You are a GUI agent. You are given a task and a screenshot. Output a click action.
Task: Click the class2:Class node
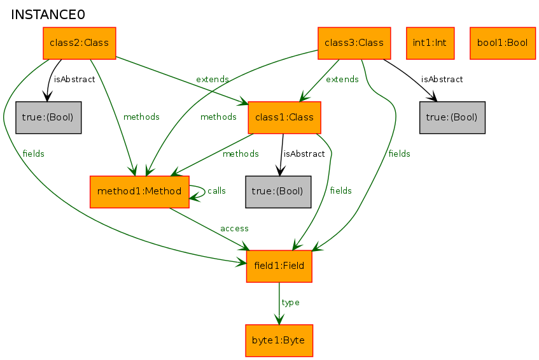click(79, 43)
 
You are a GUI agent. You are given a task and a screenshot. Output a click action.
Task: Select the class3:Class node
click(354, 43)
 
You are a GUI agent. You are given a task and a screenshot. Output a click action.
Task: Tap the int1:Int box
click(430, 43)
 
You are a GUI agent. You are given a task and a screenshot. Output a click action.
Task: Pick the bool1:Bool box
click(502, 43)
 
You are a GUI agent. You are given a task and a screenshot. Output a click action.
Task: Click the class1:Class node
click(284, 118)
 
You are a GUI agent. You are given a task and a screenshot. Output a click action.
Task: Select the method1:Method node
click(140, 191)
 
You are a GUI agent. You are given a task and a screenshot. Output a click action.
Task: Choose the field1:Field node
click(279, 266)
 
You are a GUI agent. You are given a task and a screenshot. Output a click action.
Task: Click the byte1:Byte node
click(279, 340)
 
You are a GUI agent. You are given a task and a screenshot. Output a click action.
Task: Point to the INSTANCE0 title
click(48, 15)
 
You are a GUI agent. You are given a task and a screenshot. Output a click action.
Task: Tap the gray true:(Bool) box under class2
click(48, 118)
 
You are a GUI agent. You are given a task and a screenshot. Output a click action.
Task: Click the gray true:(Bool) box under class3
click(452, 118)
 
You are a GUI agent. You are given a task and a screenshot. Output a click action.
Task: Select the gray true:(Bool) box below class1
click(278, 191)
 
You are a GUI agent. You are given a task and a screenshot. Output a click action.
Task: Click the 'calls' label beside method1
click(216, 191)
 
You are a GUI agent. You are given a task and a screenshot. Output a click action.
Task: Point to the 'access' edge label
click(234, 228)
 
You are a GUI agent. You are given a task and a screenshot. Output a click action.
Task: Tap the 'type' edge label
click(290, 303)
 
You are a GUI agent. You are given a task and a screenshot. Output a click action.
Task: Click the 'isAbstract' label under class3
click(442, 80)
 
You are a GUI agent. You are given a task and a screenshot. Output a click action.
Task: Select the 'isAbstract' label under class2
click(74, 80)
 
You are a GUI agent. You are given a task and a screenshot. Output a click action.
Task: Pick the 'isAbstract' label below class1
click(304, 154)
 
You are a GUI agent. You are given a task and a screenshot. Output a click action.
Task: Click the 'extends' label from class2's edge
click(213, 80)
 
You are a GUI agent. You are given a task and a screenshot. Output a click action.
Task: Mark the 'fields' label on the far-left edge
click(33, 154)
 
